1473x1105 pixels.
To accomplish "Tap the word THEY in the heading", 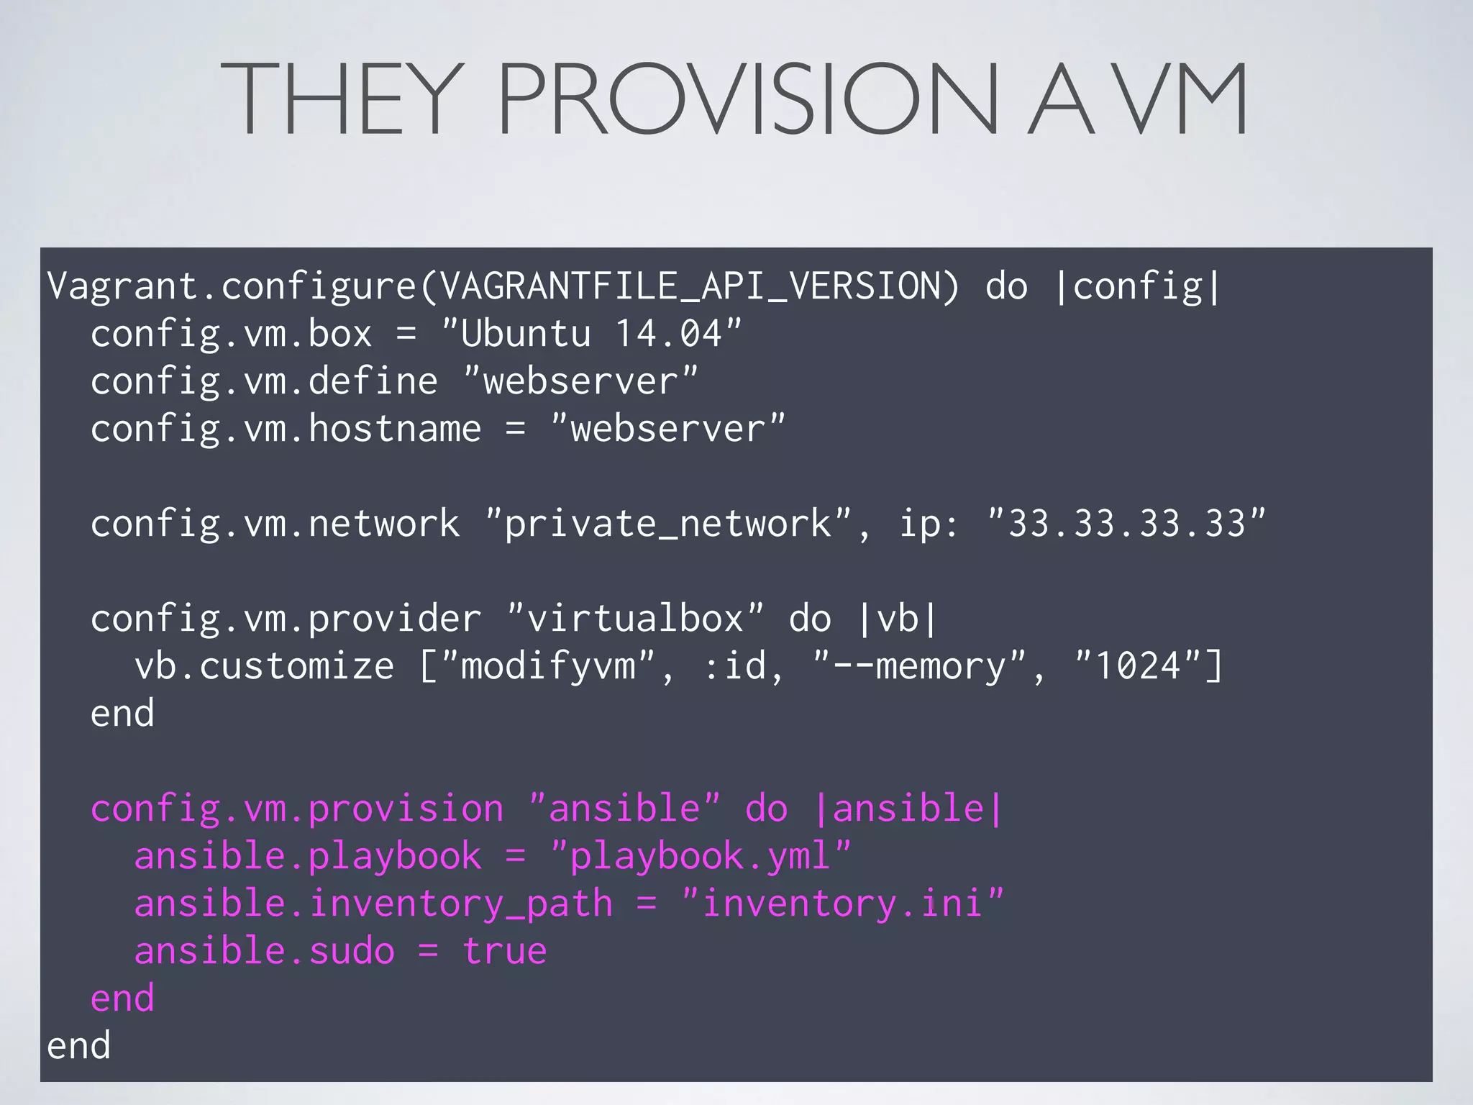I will tap(342, 99).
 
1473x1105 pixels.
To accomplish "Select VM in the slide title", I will tap(1183, 99).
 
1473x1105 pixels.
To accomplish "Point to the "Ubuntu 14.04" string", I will tap(591, 334).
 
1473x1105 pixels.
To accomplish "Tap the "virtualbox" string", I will tap(635, 619).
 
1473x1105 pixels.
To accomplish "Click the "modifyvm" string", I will tap(548, 666).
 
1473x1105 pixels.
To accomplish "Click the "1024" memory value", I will tap(1137, 666).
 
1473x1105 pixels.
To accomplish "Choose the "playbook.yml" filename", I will tap(700, 856).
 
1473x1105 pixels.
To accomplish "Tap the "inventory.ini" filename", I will tap(842, 904).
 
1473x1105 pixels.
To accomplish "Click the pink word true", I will tap(505, 951).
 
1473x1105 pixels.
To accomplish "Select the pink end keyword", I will tap(122, 999).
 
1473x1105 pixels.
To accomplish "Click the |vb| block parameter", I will tap(898, 619).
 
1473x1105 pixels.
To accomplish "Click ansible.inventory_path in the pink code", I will tap(373, 904).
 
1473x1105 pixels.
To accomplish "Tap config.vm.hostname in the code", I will tap(286, 429).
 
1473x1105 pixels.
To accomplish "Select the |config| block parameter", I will tap(1137, 286).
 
